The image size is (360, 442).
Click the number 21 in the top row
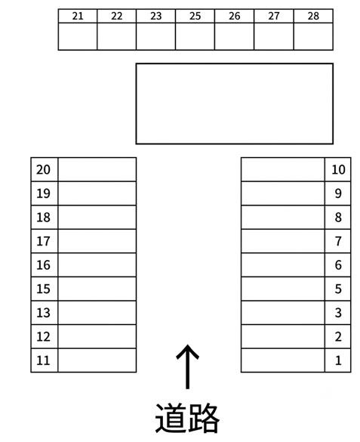[x=78, y=16]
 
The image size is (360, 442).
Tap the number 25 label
[x=195, y=16]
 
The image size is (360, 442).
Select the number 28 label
[x=313, y=16]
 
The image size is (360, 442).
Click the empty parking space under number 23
[x=155, y=36]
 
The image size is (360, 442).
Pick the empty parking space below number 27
[x=274, y=36]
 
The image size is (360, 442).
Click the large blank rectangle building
[x=235, y=104]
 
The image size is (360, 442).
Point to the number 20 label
[x=43, y=170]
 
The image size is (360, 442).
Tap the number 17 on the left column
[x=43, y=241]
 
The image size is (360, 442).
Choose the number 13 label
[x=43, y=313]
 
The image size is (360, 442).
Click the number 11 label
[x=43, y=360]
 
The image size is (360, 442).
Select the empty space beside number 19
[x=97, y=193]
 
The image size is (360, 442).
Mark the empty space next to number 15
[x=97, y=289]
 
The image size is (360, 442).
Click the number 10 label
[x=338, y=170]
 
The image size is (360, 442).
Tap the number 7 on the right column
[x=338, y=241]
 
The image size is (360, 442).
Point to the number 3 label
[x=338, y=313]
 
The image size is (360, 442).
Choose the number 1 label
[x=338, y=360]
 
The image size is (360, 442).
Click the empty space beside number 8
[x=283, y=218]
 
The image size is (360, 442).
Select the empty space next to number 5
[x=283, y=289]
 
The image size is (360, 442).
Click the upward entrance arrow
[x=187, y=366]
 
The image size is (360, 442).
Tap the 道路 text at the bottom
[x=187, y=419]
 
